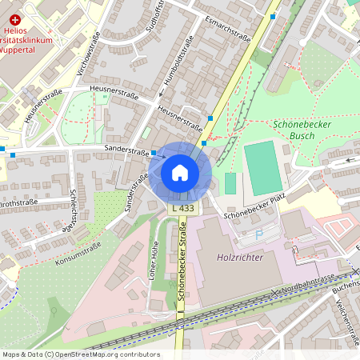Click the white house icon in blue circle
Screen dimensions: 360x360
coord(180,172)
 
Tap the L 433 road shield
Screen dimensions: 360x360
coord(183,208)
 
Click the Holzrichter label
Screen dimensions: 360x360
coord(240,258)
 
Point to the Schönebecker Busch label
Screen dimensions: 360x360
coord(303,130)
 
